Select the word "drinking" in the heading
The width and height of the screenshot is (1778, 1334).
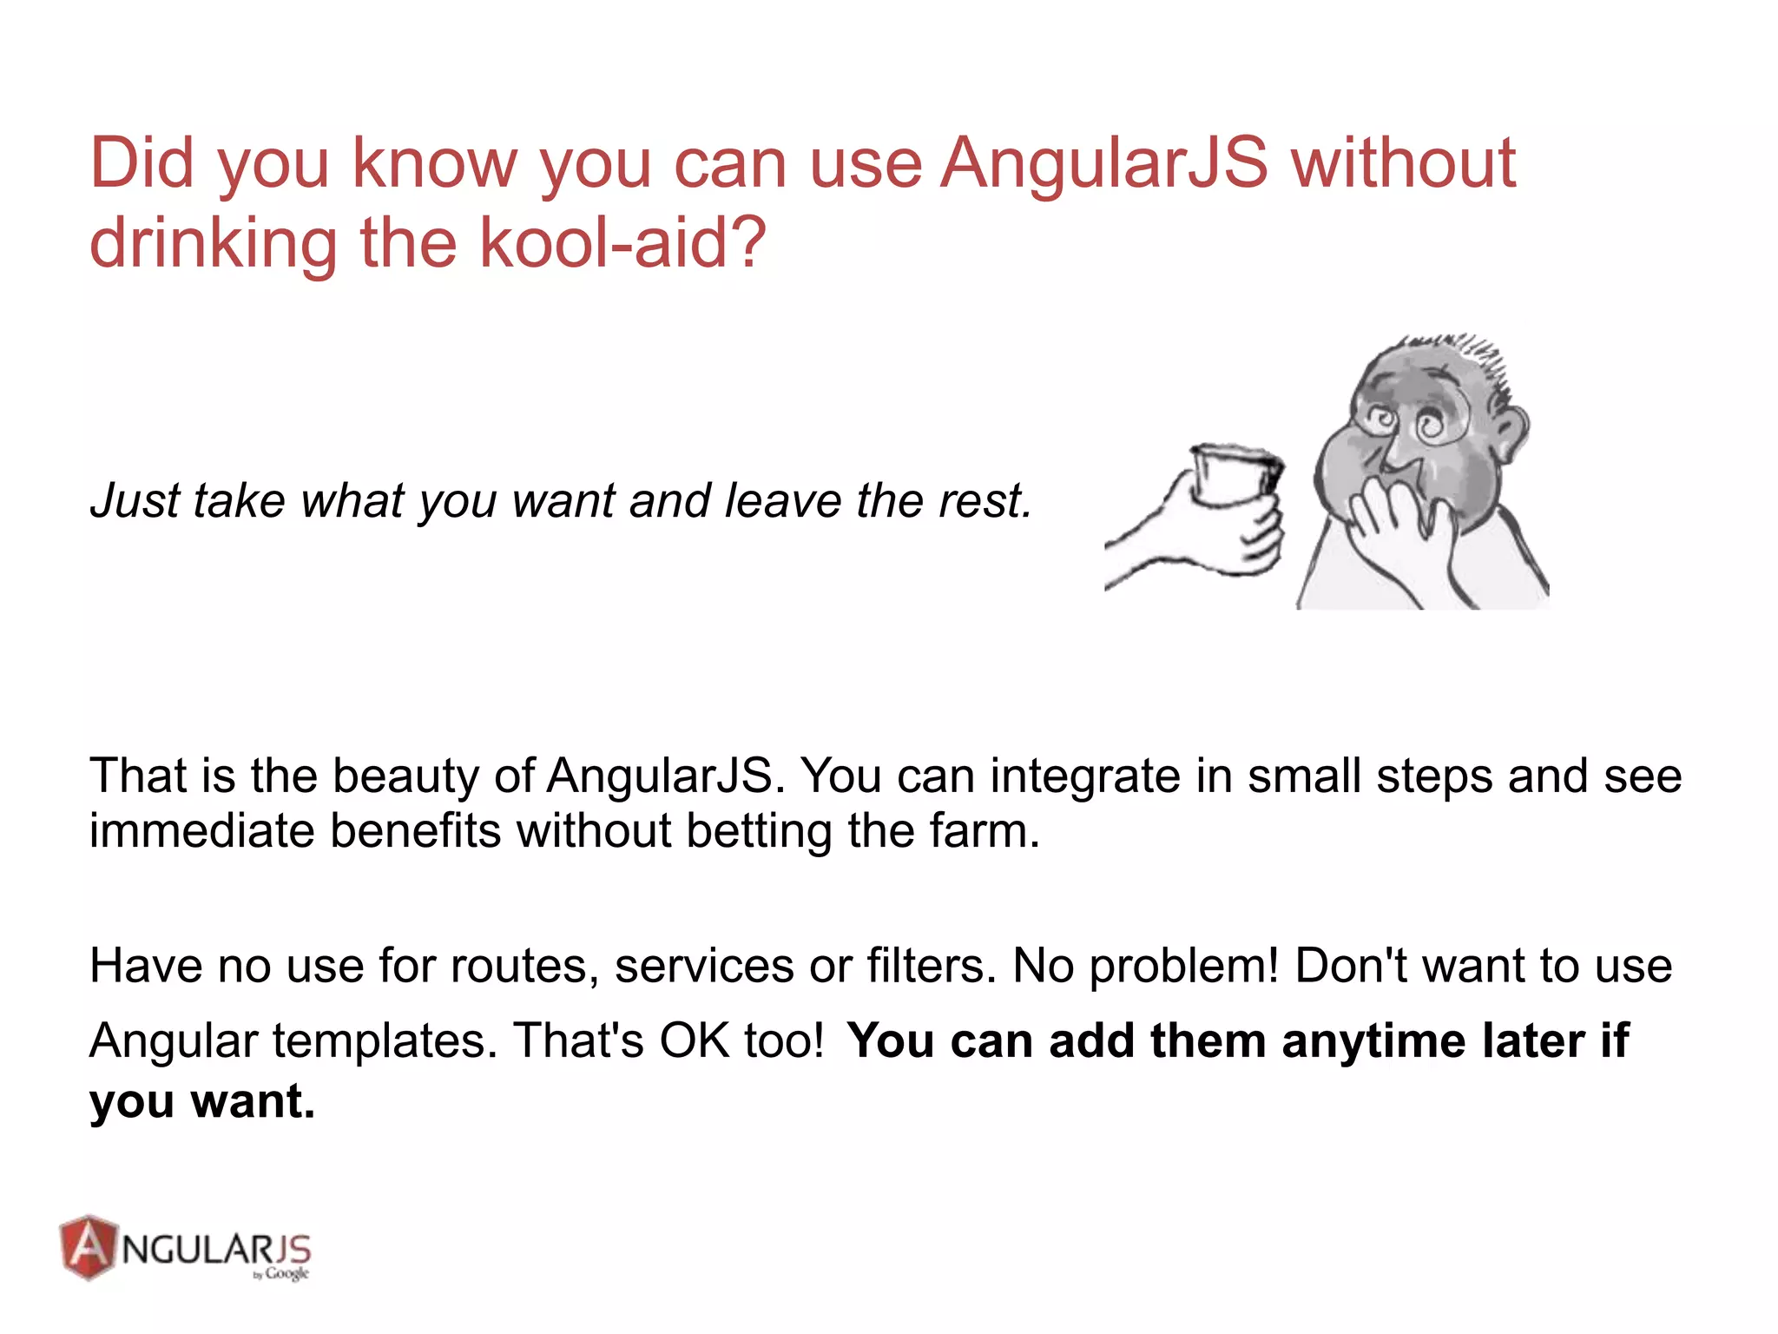(x=214, y=244)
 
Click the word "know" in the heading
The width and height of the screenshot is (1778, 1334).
(x=435, y=163)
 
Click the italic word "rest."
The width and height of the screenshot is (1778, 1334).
(x=984, y=501)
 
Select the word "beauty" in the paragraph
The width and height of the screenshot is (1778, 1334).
(x=405, y=776)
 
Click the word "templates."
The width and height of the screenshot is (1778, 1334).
(x=385, y=1040)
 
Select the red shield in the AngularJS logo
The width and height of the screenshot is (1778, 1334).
(x=88, y=1247)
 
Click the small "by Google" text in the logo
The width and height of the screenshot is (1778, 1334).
(x=281, y=1274)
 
